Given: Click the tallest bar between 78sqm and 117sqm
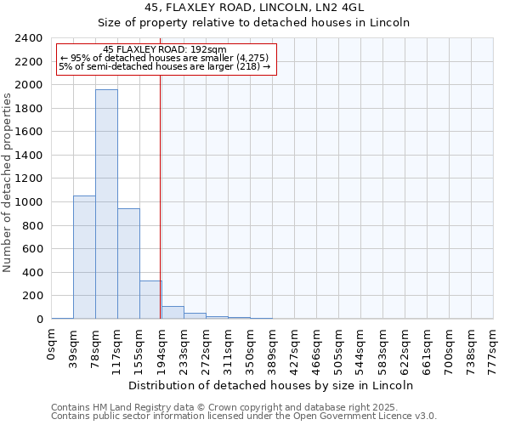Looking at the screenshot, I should [x=106, y=204].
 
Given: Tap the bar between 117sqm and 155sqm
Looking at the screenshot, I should [x=128, y=263].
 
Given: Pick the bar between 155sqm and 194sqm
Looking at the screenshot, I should [x=150, y=299].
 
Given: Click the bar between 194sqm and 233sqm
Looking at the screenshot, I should [x=173, y=312].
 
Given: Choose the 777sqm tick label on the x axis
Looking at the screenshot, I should [x=493, y=347].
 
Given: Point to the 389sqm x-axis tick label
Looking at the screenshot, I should [x=273, y=347].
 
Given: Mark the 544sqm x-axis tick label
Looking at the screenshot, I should [x=360, y=347].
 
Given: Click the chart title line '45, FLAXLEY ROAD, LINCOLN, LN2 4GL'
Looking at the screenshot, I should [x=255, y=7].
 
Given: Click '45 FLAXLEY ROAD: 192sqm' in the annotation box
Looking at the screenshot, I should [x=164, y=49].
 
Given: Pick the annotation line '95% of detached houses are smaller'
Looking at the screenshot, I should [x=165, y=58].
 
